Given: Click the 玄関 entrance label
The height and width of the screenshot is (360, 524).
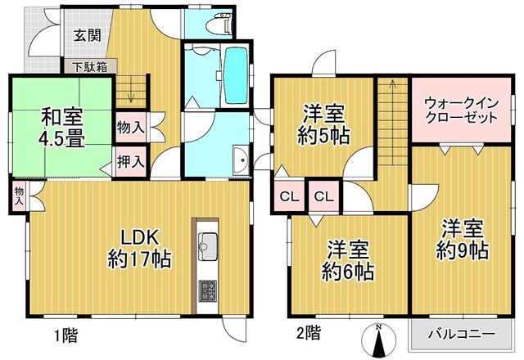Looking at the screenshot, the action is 88,34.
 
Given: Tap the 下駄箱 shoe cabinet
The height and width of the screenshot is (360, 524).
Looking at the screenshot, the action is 91,66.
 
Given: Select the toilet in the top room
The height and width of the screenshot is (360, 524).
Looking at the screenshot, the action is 219,23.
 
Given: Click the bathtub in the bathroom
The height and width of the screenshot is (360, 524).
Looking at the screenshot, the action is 236,74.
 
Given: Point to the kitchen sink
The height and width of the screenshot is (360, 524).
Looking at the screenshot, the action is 208,246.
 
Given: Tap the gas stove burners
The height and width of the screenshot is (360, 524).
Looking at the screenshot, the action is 207,291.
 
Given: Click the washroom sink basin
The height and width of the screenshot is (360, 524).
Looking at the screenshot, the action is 241,160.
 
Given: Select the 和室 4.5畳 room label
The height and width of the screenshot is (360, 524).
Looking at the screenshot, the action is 62,128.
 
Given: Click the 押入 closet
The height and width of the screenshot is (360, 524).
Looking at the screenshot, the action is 131,162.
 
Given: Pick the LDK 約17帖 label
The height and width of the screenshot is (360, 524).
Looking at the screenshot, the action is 139,249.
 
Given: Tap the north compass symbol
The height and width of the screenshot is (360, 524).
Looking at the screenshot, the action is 378,341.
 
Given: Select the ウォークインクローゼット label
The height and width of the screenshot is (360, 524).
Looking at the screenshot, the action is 461,110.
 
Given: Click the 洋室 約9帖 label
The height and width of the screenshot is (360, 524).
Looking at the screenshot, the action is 463,240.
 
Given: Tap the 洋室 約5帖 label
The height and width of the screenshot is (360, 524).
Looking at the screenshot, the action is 323,124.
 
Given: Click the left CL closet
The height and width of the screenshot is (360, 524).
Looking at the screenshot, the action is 289,196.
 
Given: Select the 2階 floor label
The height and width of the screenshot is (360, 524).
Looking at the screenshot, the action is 309,334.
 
